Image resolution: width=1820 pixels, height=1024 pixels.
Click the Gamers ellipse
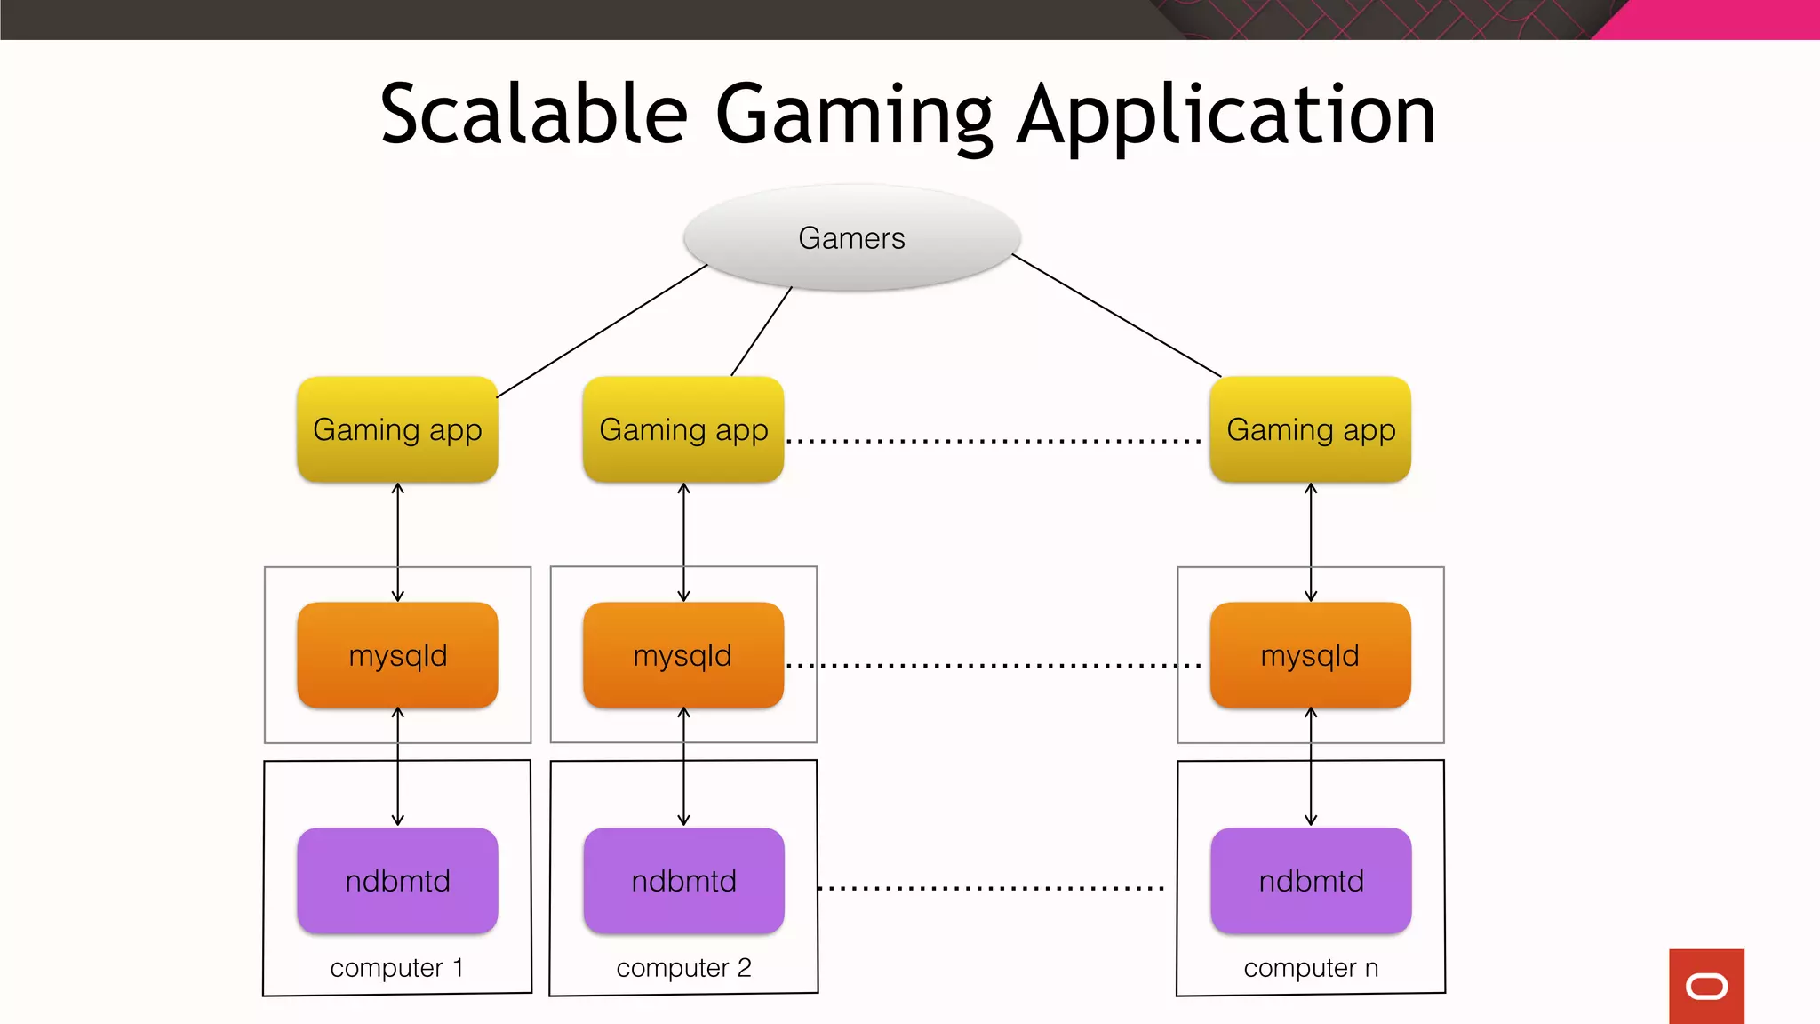(x=851, y=237)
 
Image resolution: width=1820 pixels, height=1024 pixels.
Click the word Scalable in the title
(x=533, y=116)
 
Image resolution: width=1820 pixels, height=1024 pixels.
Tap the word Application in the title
(x=1226, y=116)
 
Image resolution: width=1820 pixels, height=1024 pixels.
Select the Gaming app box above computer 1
(x=397, y=429)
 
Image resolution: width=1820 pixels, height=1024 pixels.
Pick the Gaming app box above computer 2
(x=683, y=429)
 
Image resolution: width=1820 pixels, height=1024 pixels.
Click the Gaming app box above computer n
(x=1311, y=429)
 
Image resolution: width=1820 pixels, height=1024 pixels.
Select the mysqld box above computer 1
(x=397, y=655)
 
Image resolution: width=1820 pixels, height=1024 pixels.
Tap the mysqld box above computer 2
(x=683, y=655)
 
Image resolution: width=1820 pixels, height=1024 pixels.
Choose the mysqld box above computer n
(x=1311, y=655)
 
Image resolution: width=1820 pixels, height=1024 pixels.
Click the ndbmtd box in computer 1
(x=397, y=881)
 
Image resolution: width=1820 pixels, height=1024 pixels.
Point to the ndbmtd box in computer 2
(x=683, y=881)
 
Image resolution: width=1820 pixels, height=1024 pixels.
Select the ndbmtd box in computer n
(x=1311, y=881)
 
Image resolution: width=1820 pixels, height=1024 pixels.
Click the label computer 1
(x=396, y=967)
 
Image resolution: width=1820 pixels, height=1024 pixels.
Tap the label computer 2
(x=683, y=967)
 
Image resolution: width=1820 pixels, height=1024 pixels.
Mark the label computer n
(x=1311, y=967)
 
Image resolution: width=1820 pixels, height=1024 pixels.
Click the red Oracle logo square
(x=1706, y=986)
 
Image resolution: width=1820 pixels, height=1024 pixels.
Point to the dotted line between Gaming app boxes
(x=994, y=441)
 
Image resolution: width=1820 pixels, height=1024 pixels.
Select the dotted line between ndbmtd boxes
(x=990, y=888)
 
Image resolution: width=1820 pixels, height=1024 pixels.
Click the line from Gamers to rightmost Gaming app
(x=1116, y=315)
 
